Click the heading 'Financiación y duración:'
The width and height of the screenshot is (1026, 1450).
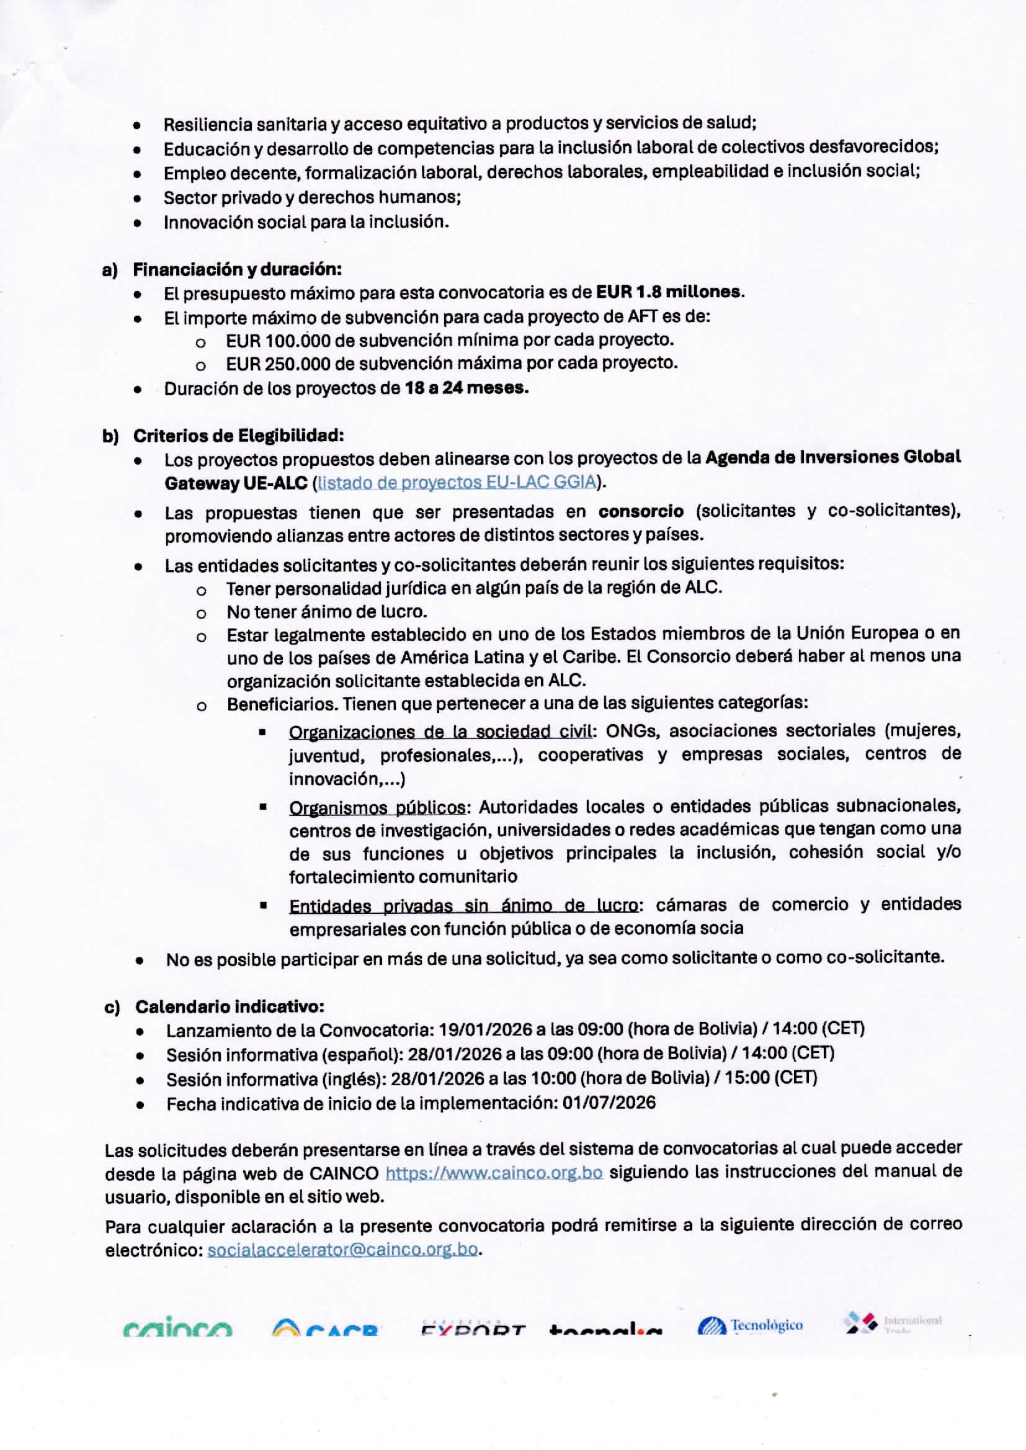click(x=237, y=269)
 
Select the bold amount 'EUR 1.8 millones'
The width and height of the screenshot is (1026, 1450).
click(x=669, y=292)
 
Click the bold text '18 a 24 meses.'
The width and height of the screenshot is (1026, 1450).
click(x=466, y=388)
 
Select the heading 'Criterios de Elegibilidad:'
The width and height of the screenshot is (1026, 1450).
click(x=238, y=436)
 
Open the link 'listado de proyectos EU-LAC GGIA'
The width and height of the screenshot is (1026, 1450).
click(x=457, y=482)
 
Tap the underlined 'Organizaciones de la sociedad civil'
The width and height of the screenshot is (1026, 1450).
click(x=441, y=732)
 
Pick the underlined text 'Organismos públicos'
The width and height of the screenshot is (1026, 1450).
click(x=377, y=807)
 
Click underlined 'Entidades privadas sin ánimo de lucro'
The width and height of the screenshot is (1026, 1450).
click(x=463, y=906)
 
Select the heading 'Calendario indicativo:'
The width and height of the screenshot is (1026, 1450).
click(x=230, y=1006)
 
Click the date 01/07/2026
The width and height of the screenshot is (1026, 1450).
click(x=609, y=1103)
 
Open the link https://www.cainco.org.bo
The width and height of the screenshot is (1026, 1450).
click(x=493, y=1173)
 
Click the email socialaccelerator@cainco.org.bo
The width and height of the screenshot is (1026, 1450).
click(x=342, y=1250)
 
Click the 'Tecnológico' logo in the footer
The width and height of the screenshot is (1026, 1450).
click(x=750, y=1325)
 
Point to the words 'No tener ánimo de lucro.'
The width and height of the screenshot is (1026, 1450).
click(x=327, y=612)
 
